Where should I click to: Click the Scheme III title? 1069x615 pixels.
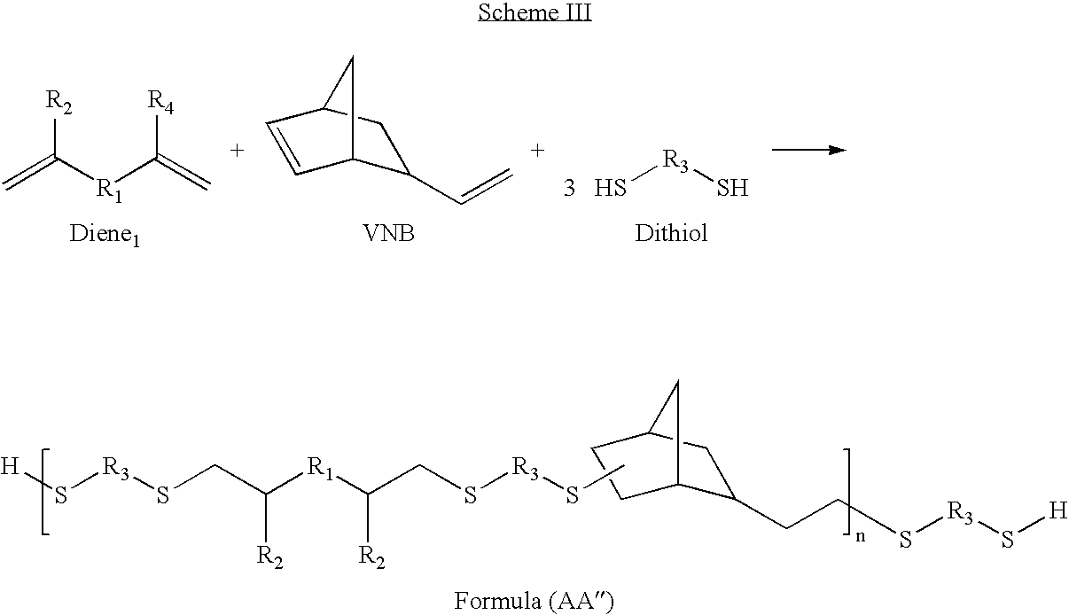click(x=534, y=12)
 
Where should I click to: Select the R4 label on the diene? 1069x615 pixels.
click(x=160, y=102)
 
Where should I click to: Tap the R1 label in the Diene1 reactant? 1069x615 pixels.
click(x=109, y=191)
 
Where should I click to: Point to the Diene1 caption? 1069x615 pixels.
click(x=105, y=235)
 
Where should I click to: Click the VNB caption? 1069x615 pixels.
click(x=388, y=233)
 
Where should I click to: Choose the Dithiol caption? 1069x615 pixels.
click(x=671, y=233)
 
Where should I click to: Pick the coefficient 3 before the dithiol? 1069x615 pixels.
click(x=569, y=188)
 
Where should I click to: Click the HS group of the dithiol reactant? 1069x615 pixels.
click(x=611, y=188)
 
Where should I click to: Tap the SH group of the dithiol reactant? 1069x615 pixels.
click(x=732, y=188)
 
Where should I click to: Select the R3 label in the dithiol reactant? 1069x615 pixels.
click(x=675, y=161)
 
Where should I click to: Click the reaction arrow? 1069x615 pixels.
click(x=809, y=150)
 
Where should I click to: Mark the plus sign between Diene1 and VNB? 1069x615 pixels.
click(x=238, y=151)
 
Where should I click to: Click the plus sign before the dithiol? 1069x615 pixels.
click(x=537, y=151)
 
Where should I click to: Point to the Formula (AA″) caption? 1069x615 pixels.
click(x=534, y=600)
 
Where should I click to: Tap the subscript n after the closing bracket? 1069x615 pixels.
click(x=861, y=536)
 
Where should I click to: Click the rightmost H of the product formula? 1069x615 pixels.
click(x=1058, y=511)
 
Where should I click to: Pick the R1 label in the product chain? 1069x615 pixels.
click(x=320, y=468)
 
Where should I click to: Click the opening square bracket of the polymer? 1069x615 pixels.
click(x=46, y=492)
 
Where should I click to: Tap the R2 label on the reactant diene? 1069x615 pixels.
click(x=59, y=102)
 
